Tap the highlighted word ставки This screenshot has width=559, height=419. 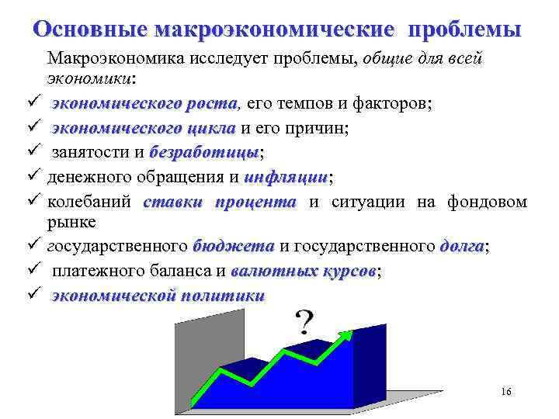(172, 202)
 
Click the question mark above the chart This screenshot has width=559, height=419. (305, 320)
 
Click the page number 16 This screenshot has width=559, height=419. (506, 393)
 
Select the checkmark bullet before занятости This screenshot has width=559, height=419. (33, 152)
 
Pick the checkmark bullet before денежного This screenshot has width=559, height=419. (33, 177)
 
